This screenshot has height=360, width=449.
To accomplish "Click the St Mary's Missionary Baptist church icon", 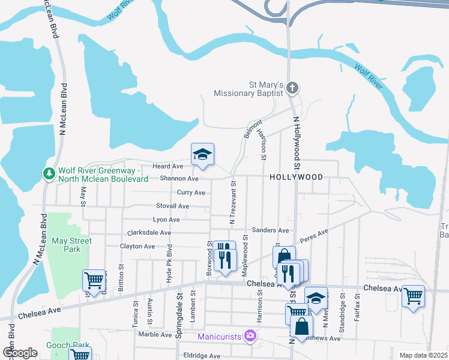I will tap(292, 89).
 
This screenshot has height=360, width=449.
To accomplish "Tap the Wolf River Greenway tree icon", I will tap(49, 173).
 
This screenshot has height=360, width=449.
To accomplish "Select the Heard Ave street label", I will tap(167, 166).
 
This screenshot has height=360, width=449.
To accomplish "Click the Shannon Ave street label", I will tap(179, 179).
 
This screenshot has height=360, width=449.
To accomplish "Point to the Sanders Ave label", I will tap(271, 230).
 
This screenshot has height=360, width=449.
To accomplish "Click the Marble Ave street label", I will tap(155, 334).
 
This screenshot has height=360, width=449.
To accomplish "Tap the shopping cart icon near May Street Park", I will tap(94, 280).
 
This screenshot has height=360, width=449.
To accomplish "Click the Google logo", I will tap(20, 353).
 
